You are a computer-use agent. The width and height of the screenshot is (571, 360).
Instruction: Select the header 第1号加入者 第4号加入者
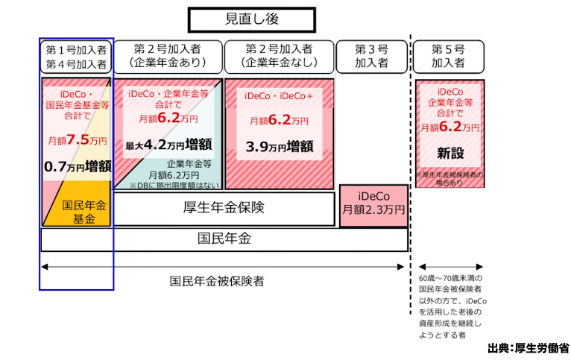pos(76,56)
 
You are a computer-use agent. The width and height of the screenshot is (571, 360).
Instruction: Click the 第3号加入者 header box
pos(372,56)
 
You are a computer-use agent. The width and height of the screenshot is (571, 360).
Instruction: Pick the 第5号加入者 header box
pos(449,56)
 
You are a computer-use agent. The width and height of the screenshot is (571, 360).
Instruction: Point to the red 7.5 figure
pos(78,139)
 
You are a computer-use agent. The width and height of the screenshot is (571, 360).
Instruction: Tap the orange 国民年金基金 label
pos(78,212)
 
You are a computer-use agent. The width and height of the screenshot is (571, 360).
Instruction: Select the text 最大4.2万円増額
pos(168,145)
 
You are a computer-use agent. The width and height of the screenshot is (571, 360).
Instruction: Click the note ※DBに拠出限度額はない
pos(174,185)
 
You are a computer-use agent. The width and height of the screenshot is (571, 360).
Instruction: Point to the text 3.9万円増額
pos(279,145)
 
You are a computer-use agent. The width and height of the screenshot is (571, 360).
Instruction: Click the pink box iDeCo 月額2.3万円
pos(373,203)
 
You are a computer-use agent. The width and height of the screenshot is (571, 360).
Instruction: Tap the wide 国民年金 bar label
pos(224,239)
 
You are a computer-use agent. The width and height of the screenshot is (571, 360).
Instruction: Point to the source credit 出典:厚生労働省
pos(529,348)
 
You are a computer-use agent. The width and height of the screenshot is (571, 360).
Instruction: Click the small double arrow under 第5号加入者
pos(449,266)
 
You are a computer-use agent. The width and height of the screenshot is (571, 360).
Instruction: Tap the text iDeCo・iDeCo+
pos(279,96)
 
